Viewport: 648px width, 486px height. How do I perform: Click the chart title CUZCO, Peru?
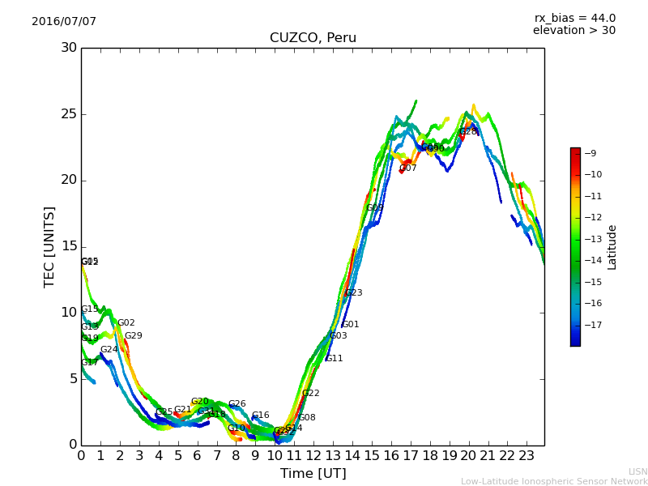coord(313,38)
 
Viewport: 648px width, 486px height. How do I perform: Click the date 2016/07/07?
coord(64,21)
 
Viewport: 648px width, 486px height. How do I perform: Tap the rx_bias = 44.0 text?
coord(574,18)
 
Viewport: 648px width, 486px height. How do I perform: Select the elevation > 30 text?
coord(573,31)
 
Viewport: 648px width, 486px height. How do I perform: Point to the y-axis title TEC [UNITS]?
coord(49,246)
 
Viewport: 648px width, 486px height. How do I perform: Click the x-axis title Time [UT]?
coord(313,474)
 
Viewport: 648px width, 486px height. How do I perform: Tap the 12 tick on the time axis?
coord(313,457)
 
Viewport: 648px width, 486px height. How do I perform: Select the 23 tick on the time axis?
coord(526,457)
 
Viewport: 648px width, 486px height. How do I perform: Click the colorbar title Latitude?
coord(612,247)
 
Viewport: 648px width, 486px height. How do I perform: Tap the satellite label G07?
coord(408,168)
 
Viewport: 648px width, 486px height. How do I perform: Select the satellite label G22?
coord(311,394)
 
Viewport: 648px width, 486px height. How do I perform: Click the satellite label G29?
coord(133,336)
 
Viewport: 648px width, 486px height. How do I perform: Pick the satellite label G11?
coord(335,358)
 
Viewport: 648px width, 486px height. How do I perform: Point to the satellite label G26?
coord(237,404)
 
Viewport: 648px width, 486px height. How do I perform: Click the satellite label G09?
coord(375,208)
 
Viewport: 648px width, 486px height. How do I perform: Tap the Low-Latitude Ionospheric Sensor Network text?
coord(554,482)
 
